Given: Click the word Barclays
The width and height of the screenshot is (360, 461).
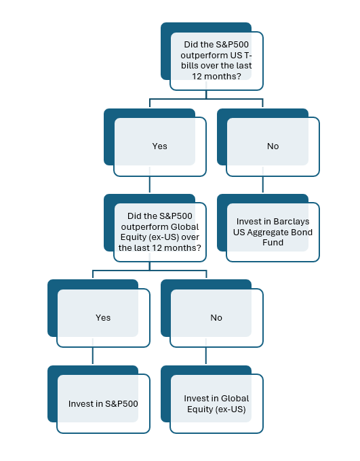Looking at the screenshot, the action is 292,222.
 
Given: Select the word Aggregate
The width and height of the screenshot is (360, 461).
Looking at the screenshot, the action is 264,233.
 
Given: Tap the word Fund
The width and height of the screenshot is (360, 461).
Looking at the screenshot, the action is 273,243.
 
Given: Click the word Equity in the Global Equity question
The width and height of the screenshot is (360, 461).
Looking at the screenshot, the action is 132,237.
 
